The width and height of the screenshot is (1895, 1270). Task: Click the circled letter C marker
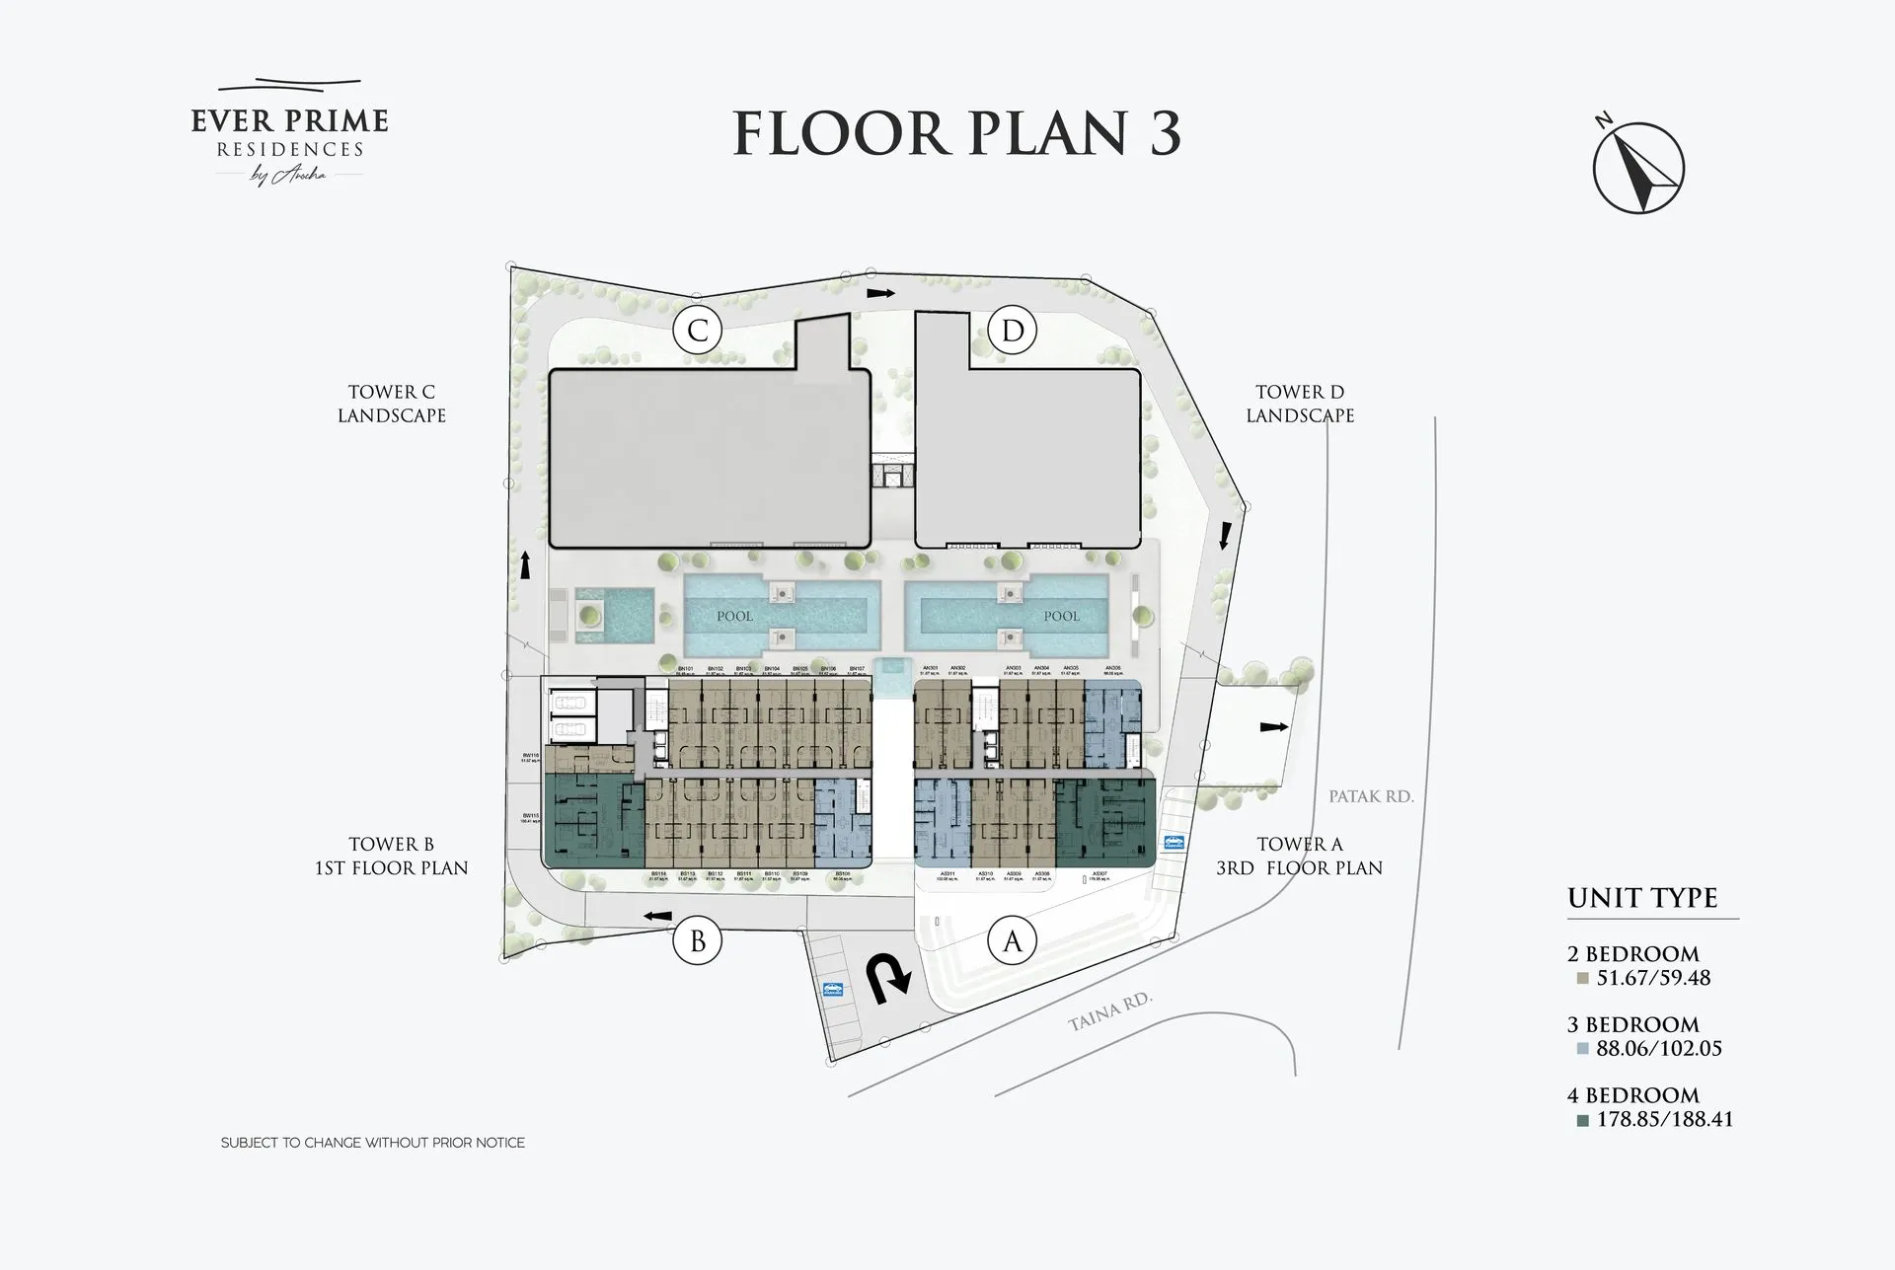coord(697,330)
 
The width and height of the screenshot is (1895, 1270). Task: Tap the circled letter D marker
coord(1013,330)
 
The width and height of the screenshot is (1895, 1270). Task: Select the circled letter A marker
coord(1013,941)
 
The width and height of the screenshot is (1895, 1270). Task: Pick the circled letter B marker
coord(697,941)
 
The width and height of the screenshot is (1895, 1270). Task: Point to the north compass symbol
coord(1638,169)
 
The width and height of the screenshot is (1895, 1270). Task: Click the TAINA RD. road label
coord(1110,1011)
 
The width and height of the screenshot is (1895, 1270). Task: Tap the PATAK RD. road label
coord(1371,796)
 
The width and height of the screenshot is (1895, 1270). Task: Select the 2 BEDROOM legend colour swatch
coord(1582,979)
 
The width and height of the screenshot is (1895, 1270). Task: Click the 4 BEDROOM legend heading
coord(1632,1095)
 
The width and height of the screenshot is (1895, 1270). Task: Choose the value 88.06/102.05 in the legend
coord(1658,1048)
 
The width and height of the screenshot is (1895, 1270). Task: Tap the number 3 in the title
coord(1165,134)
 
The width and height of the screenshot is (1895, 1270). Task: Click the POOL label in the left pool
coord(734,616)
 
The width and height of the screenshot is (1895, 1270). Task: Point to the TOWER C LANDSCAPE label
coord(392,404)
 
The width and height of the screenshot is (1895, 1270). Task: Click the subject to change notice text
coord(372,1143)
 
